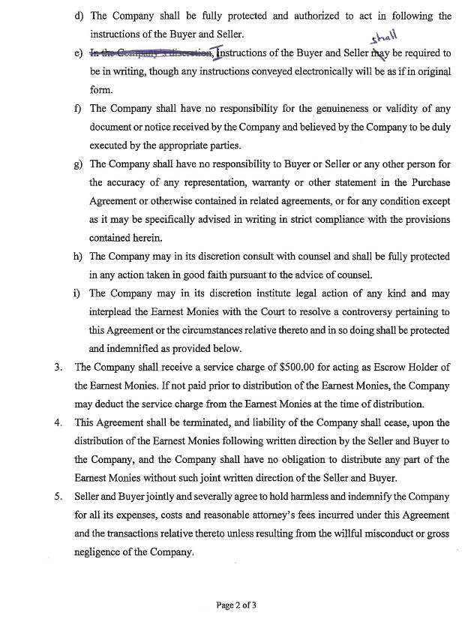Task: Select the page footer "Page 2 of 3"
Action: coord(235,604)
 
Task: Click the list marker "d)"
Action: coord(79,16)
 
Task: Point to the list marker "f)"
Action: coord(78,108)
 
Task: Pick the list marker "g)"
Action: coord(79,164)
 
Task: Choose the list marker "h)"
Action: coord(79,256)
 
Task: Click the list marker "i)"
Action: coord(79,293)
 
